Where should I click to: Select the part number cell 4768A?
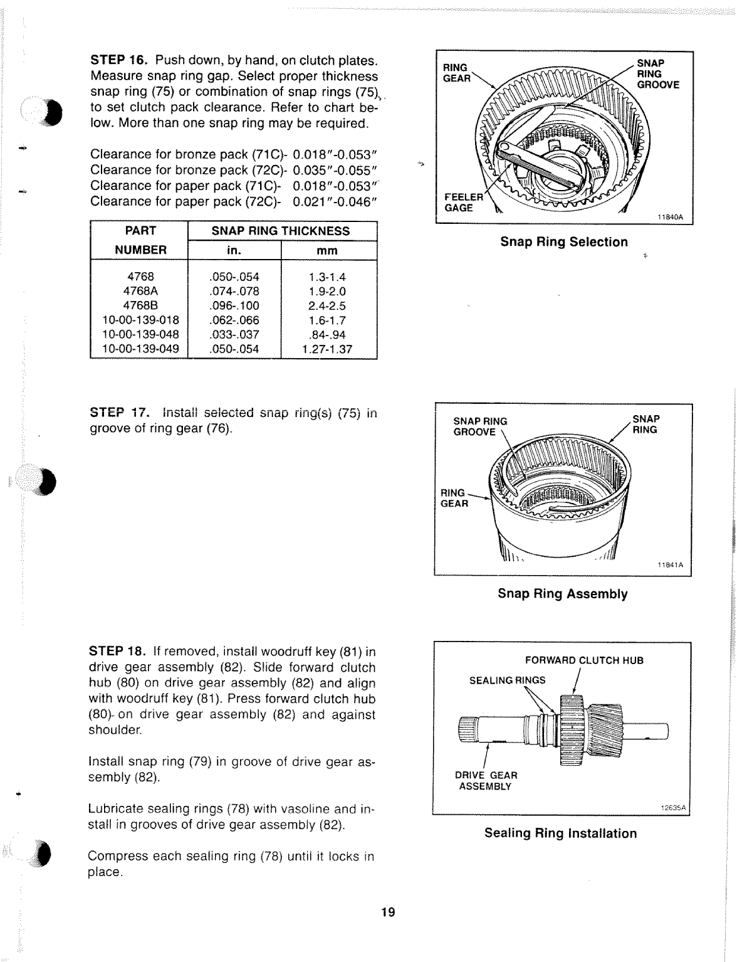[138, 291]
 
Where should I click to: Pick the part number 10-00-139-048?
[140, 334]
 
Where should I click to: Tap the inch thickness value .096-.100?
[234, 306]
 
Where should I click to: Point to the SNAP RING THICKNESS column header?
[280, 231]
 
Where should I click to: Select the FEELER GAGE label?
[463, 202]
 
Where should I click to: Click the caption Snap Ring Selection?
[563, 242]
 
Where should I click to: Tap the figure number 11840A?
[669, 218]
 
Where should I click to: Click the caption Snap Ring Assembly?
[562, 594]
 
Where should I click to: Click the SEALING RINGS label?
[507, 680]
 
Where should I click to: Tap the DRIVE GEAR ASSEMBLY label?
[486, 781]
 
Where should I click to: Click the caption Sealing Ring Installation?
[560, 833]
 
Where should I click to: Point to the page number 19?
[388, 912]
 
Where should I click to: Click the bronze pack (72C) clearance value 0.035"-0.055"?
[334, 170]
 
